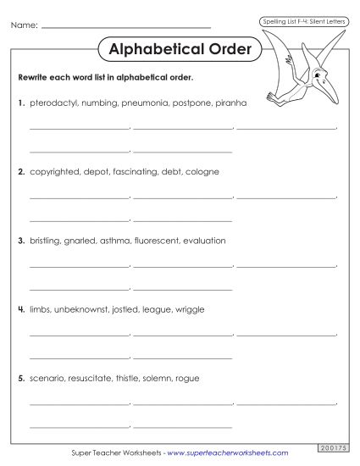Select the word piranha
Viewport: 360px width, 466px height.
[x=228, y=103]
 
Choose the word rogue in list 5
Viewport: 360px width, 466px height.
[x=186, y=378]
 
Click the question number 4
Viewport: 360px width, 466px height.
[x=20, y=309]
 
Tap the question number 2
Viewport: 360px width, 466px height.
[x=20, y=171]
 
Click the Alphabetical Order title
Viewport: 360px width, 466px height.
[x=180, y=49]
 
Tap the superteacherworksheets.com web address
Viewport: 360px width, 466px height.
[x=228, y=454]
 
